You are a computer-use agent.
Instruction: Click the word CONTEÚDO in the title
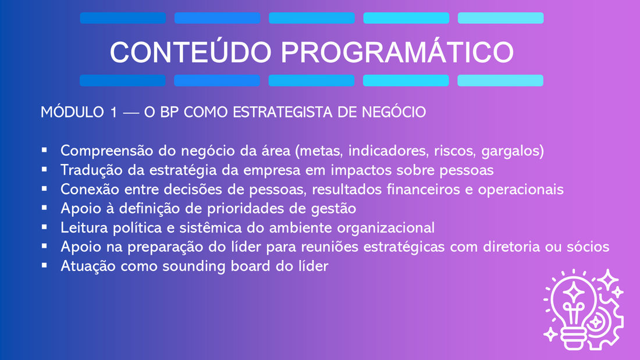pyautogui.click(x=191, y=52)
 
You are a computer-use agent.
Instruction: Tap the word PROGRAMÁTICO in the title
pyautogui.click(x=397, y=52)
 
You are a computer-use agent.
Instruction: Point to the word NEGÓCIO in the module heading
pyautogui.click(x=394, y=112)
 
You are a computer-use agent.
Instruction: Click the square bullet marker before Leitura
pyautogui.click(x=44, y=227)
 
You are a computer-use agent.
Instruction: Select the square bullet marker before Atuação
pyautogui.click(x=44, y=265)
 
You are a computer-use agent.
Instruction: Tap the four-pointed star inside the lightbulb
pyautogui.click(x=574, y=292)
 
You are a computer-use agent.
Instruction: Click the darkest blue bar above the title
pyautogui.click(x=123, y=18)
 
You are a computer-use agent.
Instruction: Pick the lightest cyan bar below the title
pyautogui.click(x=500, y=80)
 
